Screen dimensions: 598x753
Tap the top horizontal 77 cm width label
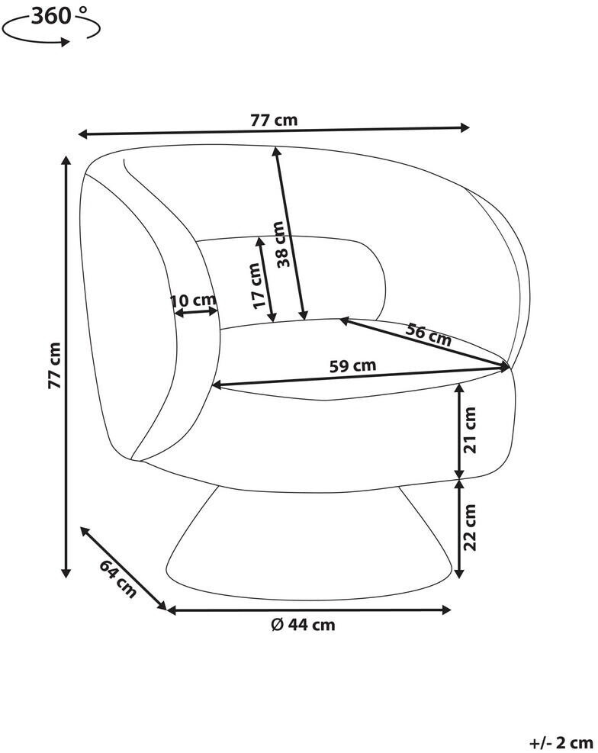click(274, 120)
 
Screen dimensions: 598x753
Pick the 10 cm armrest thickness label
click(193, 301)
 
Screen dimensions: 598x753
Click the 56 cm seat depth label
click(428, 335)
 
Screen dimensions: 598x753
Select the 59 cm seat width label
click(352, 366)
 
